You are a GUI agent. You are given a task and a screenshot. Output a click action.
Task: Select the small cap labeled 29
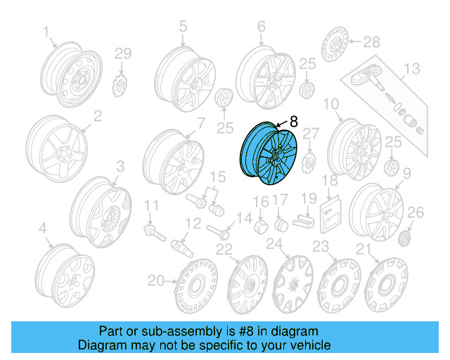(120, 85)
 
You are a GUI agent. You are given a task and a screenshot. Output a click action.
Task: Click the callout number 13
(411, 68)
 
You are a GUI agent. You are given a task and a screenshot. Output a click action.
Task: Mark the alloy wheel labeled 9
(376, 207)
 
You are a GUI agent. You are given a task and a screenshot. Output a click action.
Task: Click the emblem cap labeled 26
(406, 239)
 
